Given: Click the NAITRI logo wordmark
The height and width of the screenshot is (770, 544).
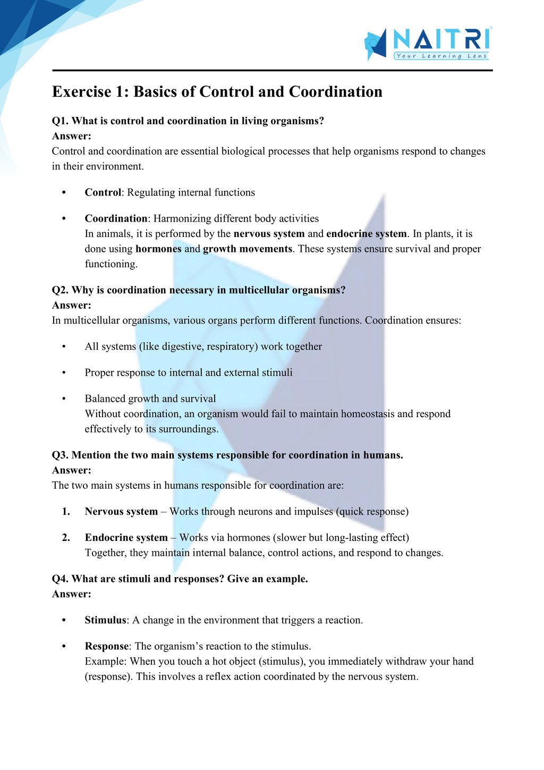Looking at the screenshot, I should coord(441,40).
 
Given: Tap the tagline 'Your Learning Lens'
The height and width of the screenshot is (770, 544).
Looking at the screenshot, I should coord(441,56).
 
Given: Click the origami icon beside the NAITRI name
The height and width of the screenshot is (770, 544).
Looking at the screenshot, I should coord(376,44).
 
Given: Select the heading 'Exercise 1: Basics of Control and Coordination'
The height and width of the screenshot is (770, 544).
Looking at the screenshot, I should coord(217,92).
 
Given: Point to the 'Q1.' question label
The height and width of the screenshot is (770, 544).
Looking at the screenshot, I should coord(61,121).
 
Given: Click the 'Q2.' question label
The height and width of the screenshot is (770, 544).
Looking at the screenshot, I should coord(61,290).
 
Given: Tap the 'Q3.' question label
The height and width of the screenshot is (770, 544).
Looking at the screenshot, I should coord(61,455).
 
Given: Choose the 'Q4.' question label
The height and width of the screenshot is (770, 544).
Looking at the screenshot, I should coord(61,579).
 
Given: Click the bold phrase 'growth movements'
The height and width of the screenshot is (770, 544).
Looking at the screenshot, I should coord(248,249).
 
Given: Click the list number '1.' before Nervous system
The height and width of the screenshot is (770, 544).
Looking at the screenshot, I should coord(66,512).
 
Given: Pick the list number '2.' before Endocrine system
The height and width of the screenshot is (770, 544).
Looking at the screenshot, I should coord(66,538).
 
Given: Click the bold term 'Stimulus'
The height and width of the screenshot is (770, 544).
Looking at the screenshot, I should coord(105,620).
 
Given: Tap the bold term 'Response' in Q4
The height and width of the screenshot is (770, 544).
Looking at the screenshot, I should coord(106,646).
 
